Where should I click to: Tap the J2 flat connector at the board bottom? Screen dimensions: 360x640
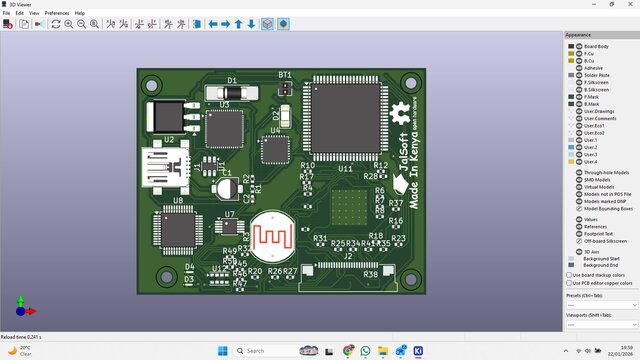pos(348,266)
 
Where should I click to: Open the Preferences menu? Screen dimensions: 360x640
pos(56,13)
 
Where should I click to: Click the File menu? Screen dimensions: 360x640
pos(6,13)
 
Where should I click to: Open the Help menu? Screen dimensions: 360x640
pos(80,13)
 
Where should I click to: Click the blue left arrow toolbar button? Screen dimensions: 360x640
pos(212,24)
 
